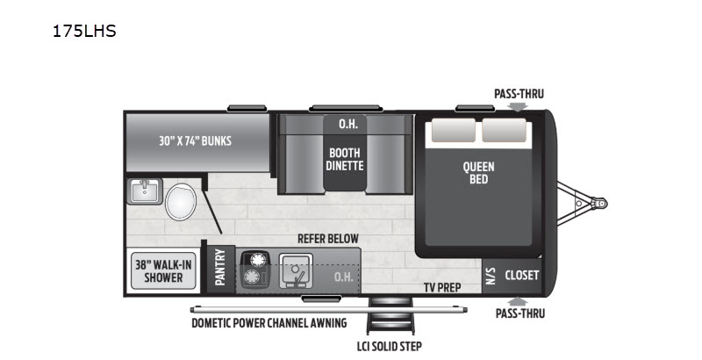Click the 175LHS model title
84,31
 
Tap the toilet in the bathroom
181,201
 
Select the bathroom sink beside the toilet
145,191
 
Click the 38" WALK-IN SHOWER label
163,271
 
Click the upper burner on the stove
258,260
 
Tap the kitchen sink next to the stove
296,270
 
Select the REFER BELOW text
328,239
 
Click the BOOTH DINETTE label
345,159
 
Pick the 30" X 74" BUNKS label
195,141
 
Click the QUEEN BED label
478,173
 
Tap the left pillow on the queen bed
453,130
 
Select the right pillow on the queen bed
504,130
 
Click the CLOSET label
521,275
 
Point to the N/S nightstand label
491,276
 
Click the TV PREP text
442,287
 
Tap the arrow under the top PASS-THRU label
519,106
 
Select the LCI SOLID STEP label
389,346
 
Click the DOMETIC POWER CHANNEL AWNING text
269,323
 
